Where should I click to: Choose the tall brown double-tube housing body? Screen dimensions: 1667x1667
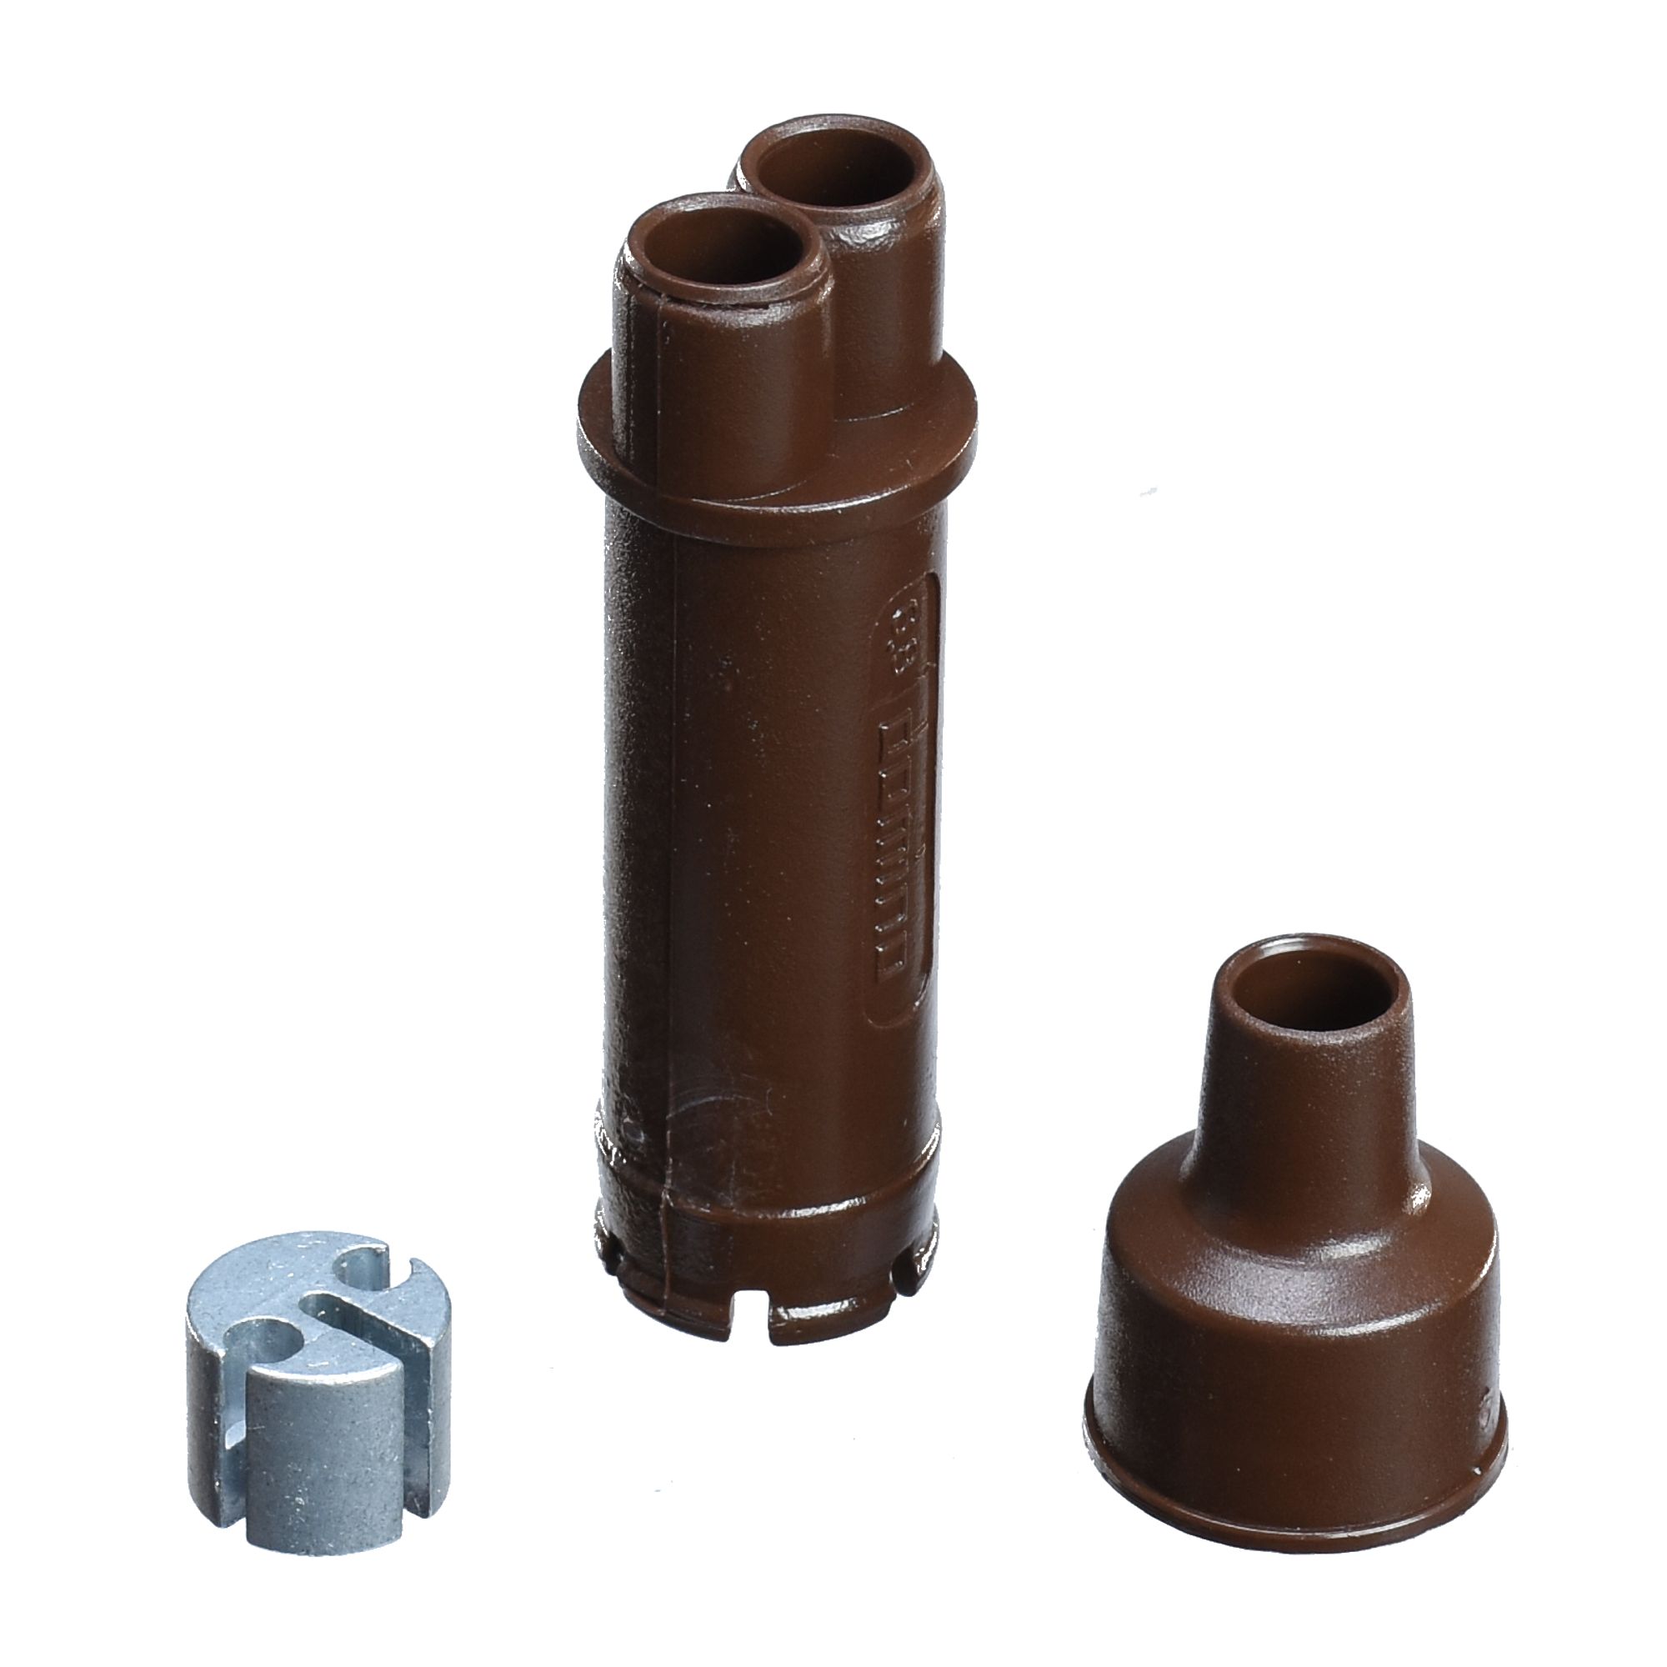click(x=768, y=863)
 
